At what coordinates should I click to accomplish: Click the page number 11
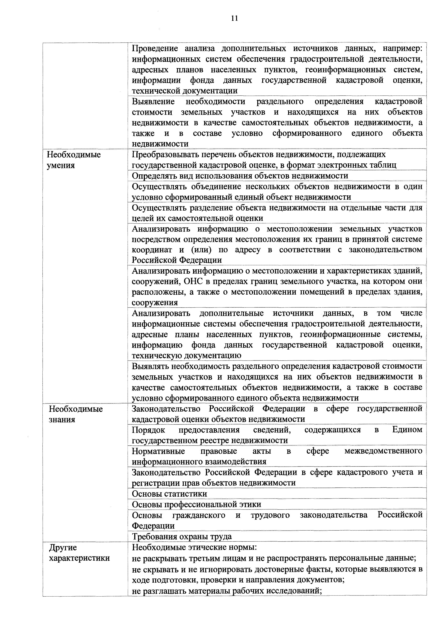[x=234, y=18]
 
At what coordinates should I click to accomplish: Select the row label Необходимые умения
[x=74, y=160]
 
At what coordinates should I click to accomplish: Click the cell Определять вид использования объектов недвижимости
[x=240, y=176]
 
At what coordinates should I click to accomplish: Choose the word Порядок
[x=148, y=430]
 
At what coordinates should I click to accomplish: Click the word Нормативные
[x=158, y=451]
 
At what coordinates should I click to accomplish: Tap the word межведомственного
[x=383, y=451]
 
